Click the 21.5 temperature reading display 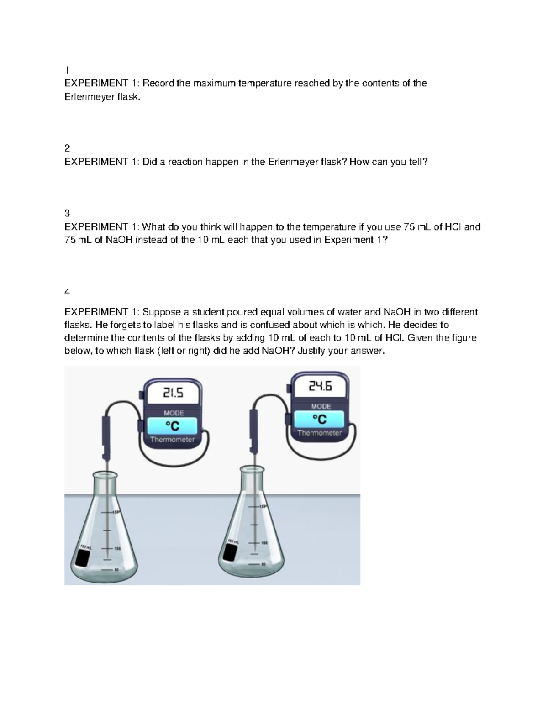coord(173,393)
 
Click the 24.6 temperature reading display coord(320,387)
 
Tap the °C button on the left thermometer coord(172,426)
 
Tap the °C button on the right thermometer coord(319,419)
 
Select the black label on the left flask coord(84,558)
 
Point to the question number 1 coord(67,70)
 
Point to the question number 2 coord(67,148)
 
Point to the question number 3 coord(67,213)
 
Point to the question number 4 coord(67,292)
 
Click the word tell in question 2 coord(416,162)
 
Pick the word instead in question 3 coord(151,240)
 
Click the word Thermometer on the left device coord(172,440)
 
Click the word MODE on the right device coord(321,406)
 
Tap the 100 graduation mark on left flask coord(117,548)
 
